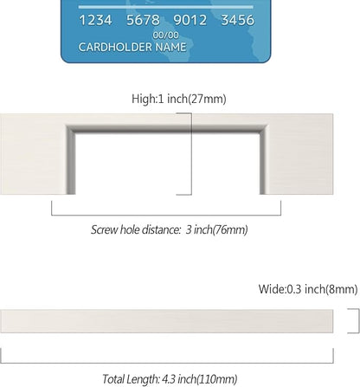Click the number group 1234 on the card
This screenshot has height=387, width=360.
coord(95,20)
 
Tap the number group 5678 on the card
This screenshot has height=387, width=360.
coord(143,20)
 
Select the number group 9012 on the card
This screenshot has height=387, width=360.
coord(190,20)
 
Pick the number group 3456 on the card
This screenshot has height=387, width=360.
coord(238,20)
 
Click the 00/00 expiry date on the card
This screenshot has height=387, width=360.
coord(166,35)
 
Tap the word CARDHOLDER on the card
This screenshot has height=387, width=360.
coord(115,47)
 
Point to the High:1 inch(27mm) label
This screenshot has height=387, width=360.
coord(179,99)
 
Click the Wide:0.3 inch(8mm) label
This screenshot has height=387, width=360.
coord(308,289)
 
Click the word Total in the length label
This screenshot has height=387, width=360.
coord(112,379)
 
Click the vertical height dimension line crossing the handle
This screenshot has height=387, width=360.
coord(191,154)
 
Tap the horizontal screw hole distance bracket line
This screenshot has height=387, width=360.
coord(166,215)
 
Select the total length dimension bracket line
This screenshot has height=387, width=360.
coord(167,363)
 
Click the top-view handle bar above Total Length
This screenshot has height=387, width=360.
coord(167,321)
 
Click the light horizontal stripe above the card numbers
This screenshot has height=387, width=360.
coord(166,7)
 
